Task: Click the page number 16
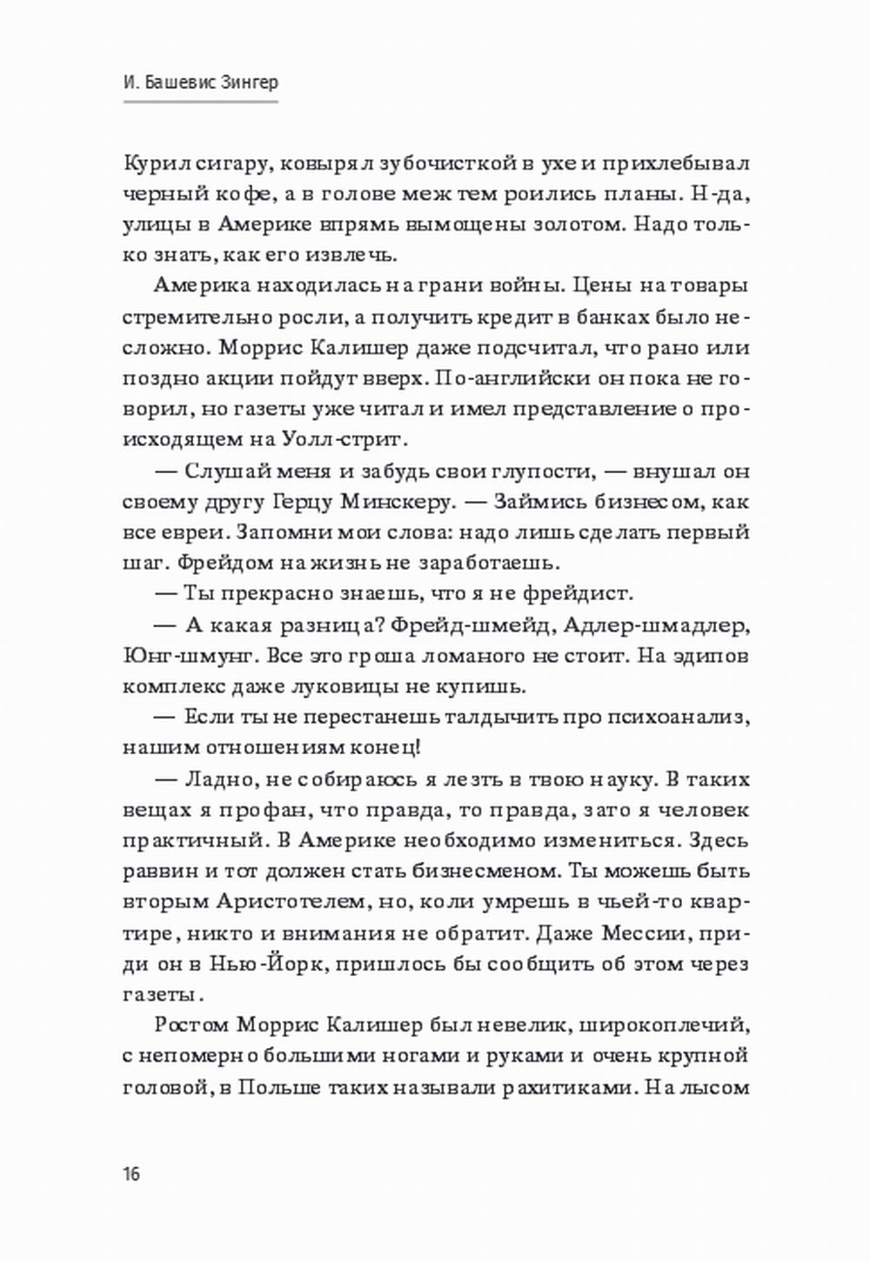coord(131,1173)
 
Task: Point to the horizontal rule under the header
coord(200,102)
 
